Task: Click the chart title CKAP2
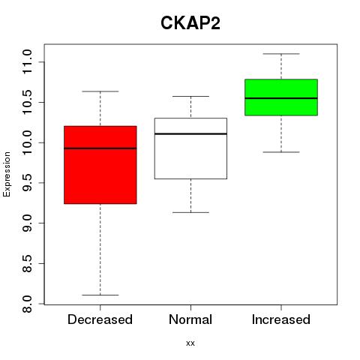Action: tap(190, 23)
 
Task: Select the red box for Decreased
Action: tap(100, 165)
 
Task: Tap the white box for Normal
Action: tap(190, 148)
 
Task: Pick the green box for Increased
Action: tap(281, 97)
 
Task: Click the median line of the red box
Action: tap(100, 148)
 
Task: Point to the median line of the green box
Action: tap(281, 98)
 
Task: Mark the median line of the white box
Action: tap(190, 133)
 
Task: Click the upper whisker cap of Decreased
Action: tap(100, 91)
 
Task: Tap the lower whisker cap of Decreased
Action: tap(100, 295)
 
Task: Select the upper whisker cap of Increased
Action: tap(281, 54)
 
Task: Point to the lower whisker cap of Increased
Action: tap(281, 152)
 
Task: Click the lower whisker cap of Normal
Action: tap(190, 212)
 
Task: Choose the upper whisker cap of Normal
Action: tap(190, 96)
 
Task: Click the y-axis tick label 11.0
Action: tap(27, 61)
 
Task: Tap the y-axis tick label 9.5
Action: tap(27, 183)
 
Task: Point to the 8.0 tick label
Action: tap(27, 304)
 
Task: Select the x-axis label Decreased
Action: tap(100, 319)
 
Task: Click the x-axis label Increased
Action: tap(281, 319)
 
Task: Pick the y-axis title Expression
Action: tap(7, 174)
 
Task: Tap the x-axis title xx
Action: tap(190, 343)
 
